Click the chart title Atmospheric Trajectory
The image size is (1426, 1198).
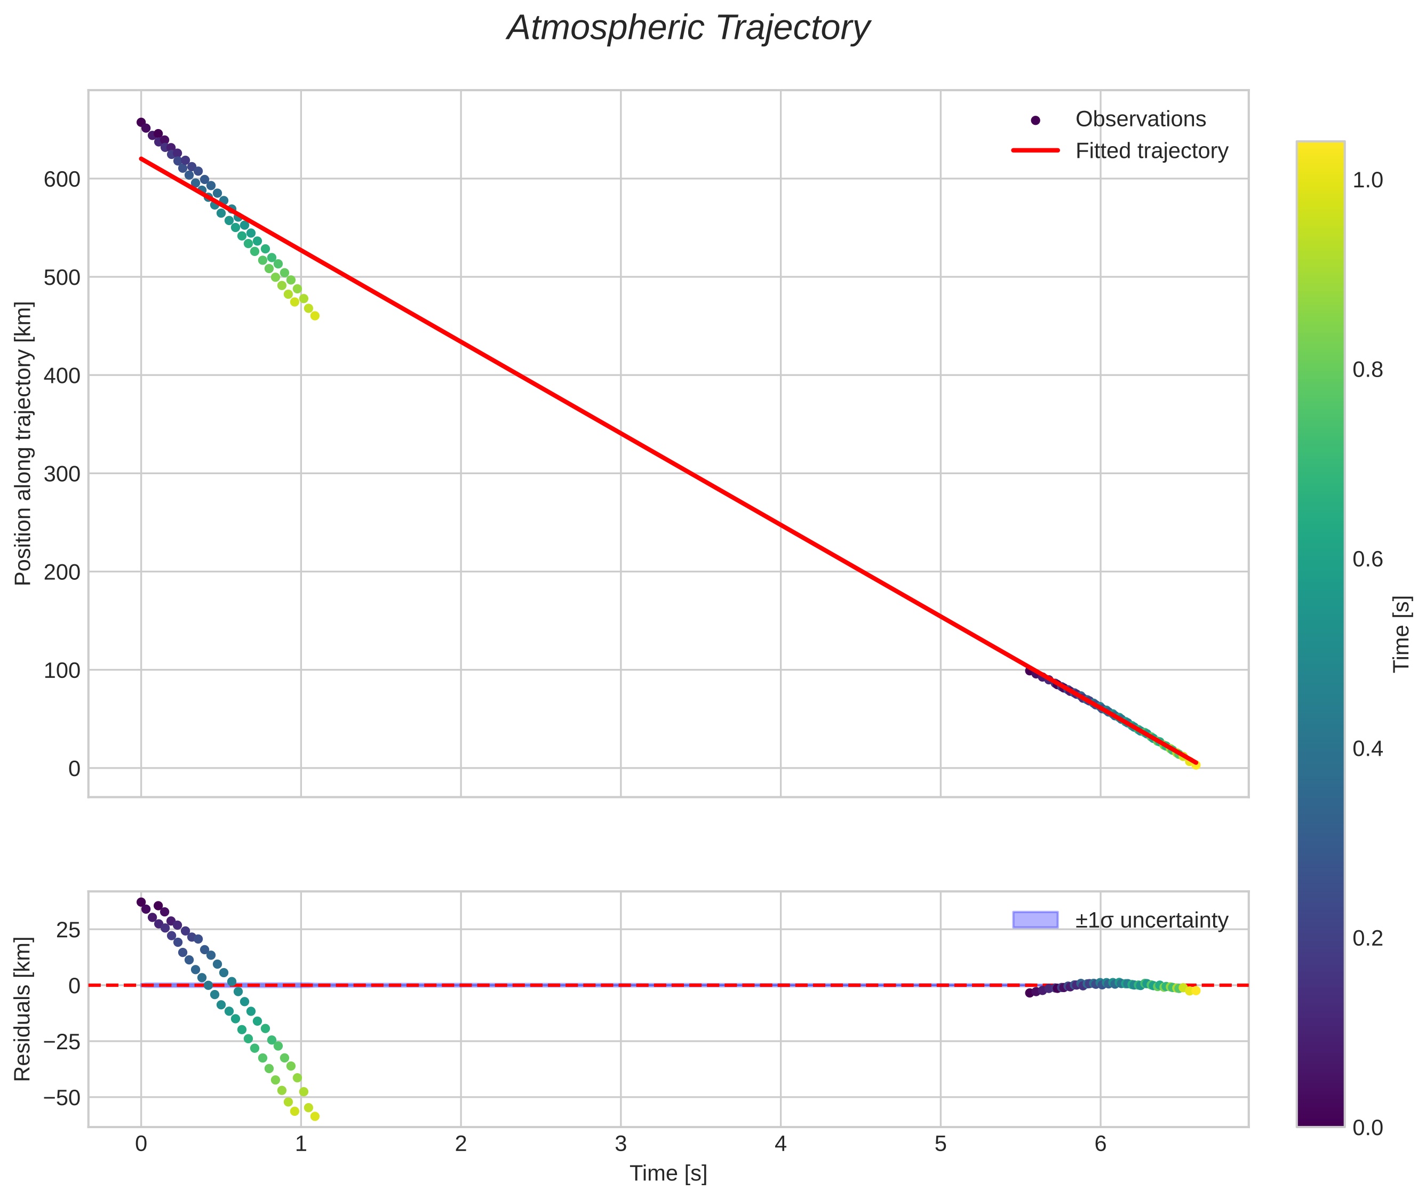(x=688, y=28)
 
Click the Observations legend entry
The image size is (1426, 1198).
(x=1140, y=119)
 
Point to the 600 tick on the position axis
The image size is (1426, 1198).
(x=62, y=179)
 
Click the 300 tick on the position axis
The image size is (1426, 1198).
(x=62, y=474)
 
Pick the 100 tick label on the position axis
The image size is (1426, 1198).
(x=62, y=670)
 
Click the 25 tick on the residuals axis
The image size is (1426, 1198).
(x=68, y=930)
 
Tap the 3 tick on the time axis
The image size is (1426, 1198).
(x=620, y=1144)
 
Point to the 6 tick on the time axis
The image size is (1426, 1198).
(x=1100, y=1144)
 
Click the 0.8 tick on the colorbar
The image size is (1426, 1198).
(x=1367, y=370)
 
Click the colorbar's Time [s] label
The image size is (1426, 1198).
(x=1401, y=634)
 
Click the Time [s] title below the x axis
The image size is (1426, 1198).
(x=668, y=1173)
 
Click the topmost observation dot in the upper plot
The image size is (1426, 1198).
(x=141, y=123)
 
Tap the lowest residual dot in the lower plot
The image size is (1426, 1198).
(x=315, y=1116)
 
